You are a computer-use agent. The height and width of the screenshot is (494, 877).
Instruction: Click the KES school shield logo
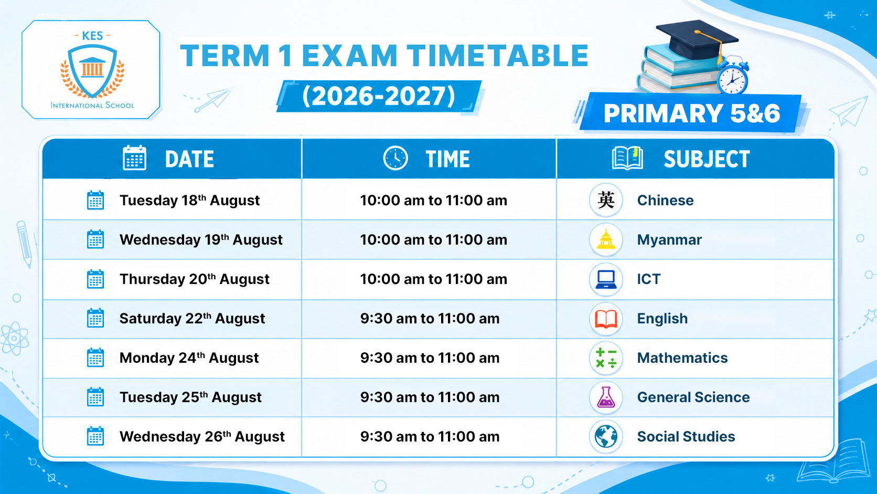tap(92, 70)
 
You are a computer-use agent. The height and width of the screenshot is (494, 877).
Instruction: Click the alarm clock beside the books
tap(733, 76)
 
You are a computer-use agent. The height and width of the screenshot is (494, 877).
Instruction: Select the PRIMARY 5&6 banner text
tap(691, 113)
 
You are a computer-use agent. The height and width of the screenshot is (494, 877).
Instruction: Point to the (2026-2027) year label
tap(379, 97)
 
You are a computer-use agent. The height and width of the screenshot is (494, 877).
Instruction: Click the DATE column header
tap(189, 159)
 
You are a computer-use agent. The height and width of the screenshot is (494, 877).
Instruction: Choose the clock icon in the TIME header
tap(395, 158)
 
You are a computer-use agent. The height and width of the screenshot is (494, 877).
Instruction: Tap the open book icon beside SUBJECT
tap(627, 158)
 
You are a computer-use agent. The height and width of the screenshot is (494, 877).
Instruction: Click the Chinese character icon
tap(606, 200)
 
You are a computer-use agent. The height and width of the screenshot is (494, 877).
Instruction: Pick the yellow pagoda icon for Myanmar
tap(606, 239)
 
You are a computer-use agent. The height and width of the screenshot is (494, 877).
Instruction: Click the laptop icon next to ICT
tap(606, 279)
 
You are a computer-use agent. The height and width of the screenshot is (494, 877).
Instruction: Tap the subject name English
tap(662, 319)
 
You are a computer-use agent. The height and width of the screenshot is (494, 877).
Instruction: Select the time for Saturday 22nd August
tap(430, 319)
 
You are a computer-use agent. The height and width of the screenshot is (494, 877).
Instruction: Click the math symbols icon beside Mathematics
tap(606, 358)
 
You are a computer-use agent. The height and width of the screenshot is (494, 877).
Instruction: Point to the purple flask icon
tap(606, 397)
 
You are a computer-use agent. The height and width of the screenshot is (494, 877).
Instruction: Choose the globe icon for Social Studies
tap(606, 436)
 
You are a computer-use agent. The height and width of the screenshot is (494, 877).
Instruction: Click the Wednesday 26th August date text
tap(202, 436)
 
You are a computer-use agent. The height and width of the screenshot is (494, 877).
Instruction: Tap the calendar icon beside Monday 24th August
tap(95, 358)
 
